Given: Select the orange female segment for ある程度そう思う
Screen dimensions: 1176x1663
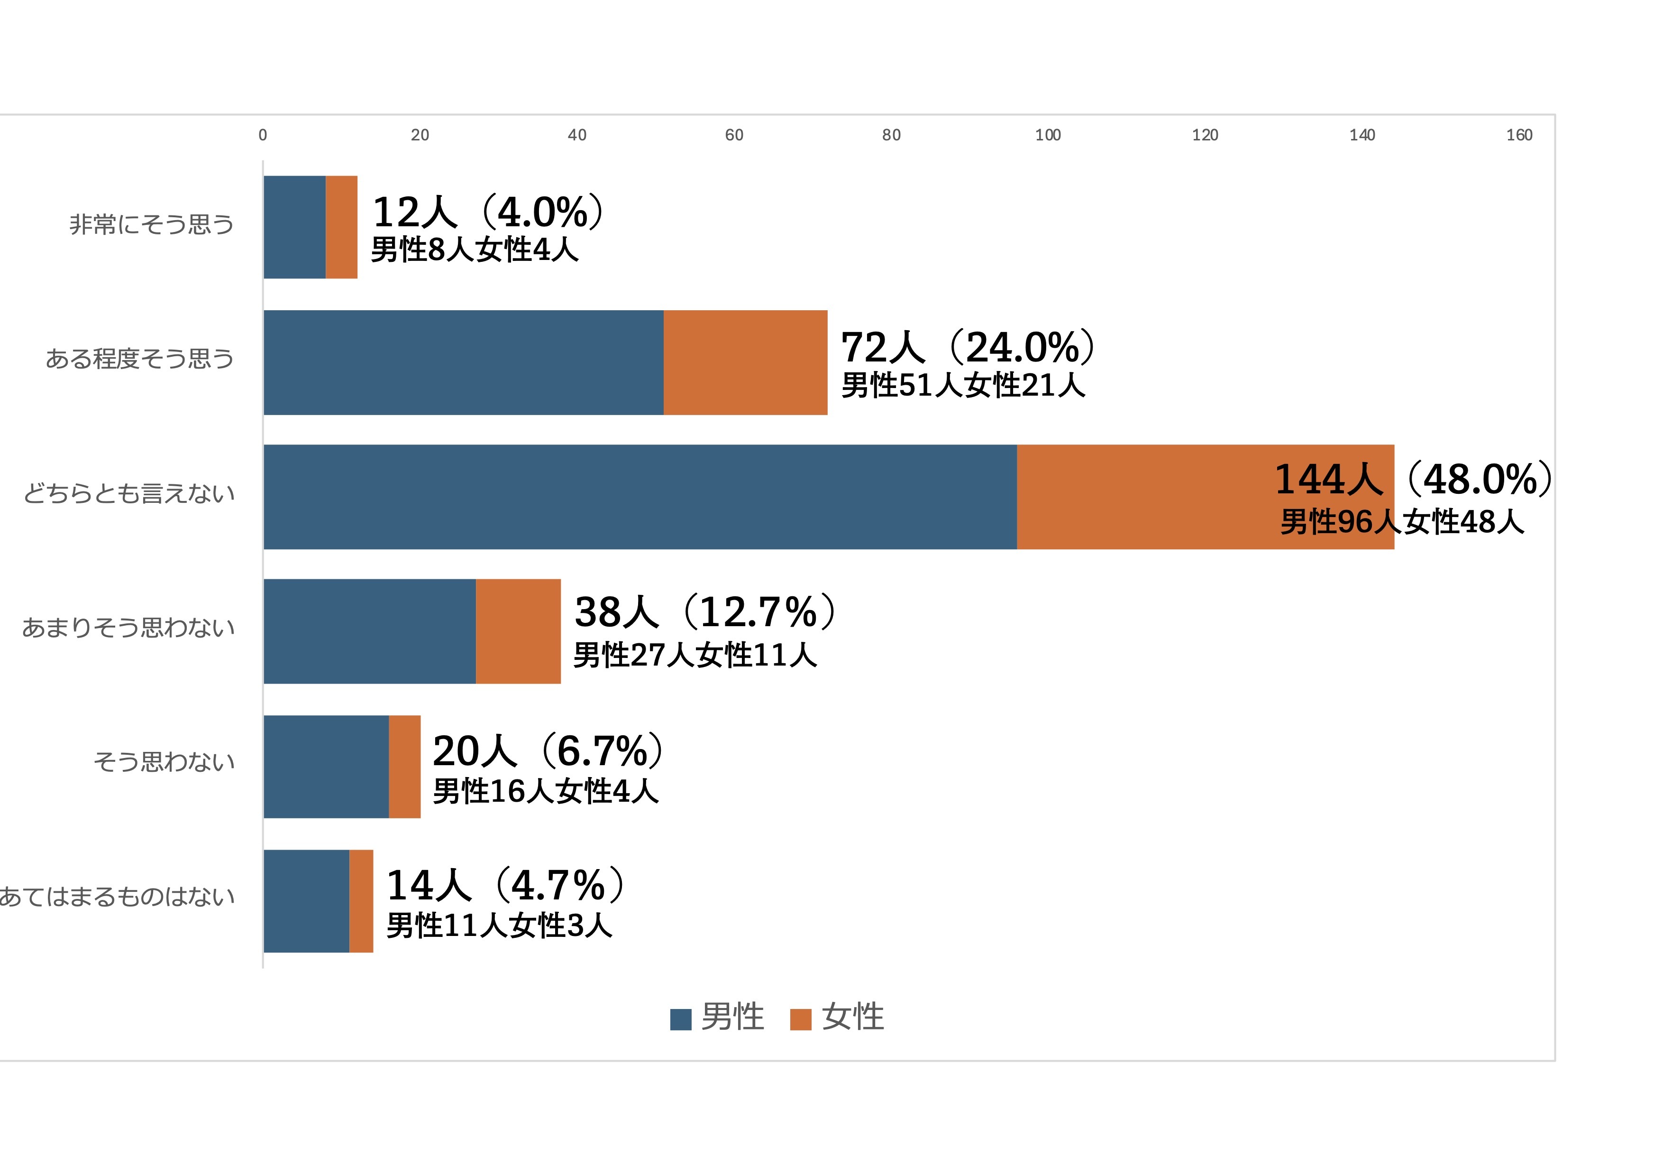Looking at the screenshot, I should pos(745,362).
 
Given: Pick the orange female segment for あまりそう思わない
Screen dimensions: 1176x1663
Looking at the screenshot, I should pos(518,631).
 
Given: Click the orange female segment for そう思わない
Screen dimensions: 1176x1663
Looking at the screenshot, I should pos(404,767).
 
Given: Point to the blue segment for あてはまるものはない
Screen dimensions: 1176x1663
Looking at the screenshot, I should pos(306,901).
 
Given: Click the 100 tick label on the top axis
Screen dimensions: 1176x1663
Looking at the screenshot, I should pos(1047,135).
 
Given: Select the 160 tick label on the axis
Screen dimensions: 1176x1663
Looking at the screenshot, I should pos(1519,135).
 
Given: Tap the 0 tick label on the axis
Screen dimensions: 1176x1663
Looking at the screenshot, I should pos(263,135).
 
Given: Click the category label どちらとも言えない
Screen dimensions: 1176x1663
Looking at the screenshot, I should pos(129,493).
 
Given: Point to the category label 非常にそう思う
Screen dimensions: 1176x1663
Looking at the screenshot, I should pos(151,224).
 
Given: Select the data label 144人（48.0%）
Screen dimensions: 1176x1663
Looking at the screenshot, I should pos(1412,479).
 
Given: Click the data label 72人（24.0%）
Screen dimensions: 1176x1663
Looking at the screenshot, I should pos(968,347).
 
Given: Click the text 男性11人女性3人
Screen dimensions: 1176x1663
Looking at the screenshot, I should pos(499,926).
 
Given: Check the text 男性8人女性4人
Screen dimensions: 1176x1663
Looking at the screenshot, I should pos(475,250).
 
